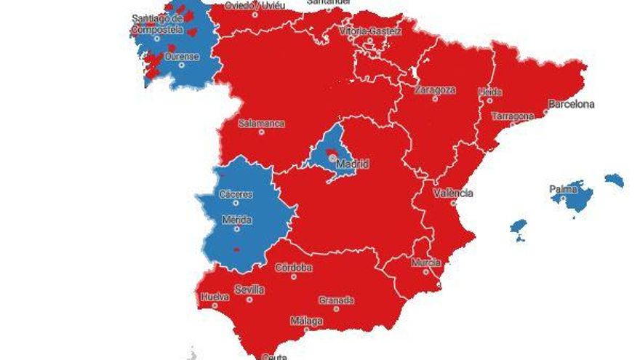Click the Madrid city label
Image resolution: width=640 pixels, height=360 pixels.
coord(352,164)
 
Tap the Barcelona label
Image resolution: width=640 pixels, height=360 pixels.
coord(571,104)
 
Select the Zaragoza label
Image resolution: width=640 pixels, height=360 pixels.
coord(435,90)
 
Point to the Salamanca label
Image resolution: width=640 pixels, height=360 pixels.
coord(261,123)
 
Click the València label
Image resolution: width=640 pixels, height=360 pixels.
coord(452,193)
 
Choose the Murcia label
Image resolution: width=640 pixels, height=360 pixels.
coord(426,262)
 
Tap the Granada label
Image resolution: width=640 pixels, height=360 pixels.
coord(336,300)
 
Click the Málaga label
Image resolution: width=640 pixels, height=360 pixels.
coord(306,320)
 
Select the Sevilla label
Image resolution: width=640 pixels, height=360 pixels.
coord(249,289)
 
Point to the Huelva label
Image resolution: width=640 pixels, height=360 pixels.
coord(215,297)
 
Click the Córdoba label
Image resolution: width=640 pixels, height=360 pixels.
coord(294,268)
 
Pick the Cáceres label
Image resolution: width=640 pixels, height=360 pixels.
coord(236,194)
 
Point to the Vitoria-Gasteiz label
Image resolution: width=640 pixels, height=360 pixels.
coord(370,31)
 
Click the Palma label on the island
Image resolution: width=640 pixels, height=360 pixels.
coord(564,190)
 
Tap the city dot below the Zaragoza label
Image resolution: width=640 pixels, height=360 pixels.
coord(435,99)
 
